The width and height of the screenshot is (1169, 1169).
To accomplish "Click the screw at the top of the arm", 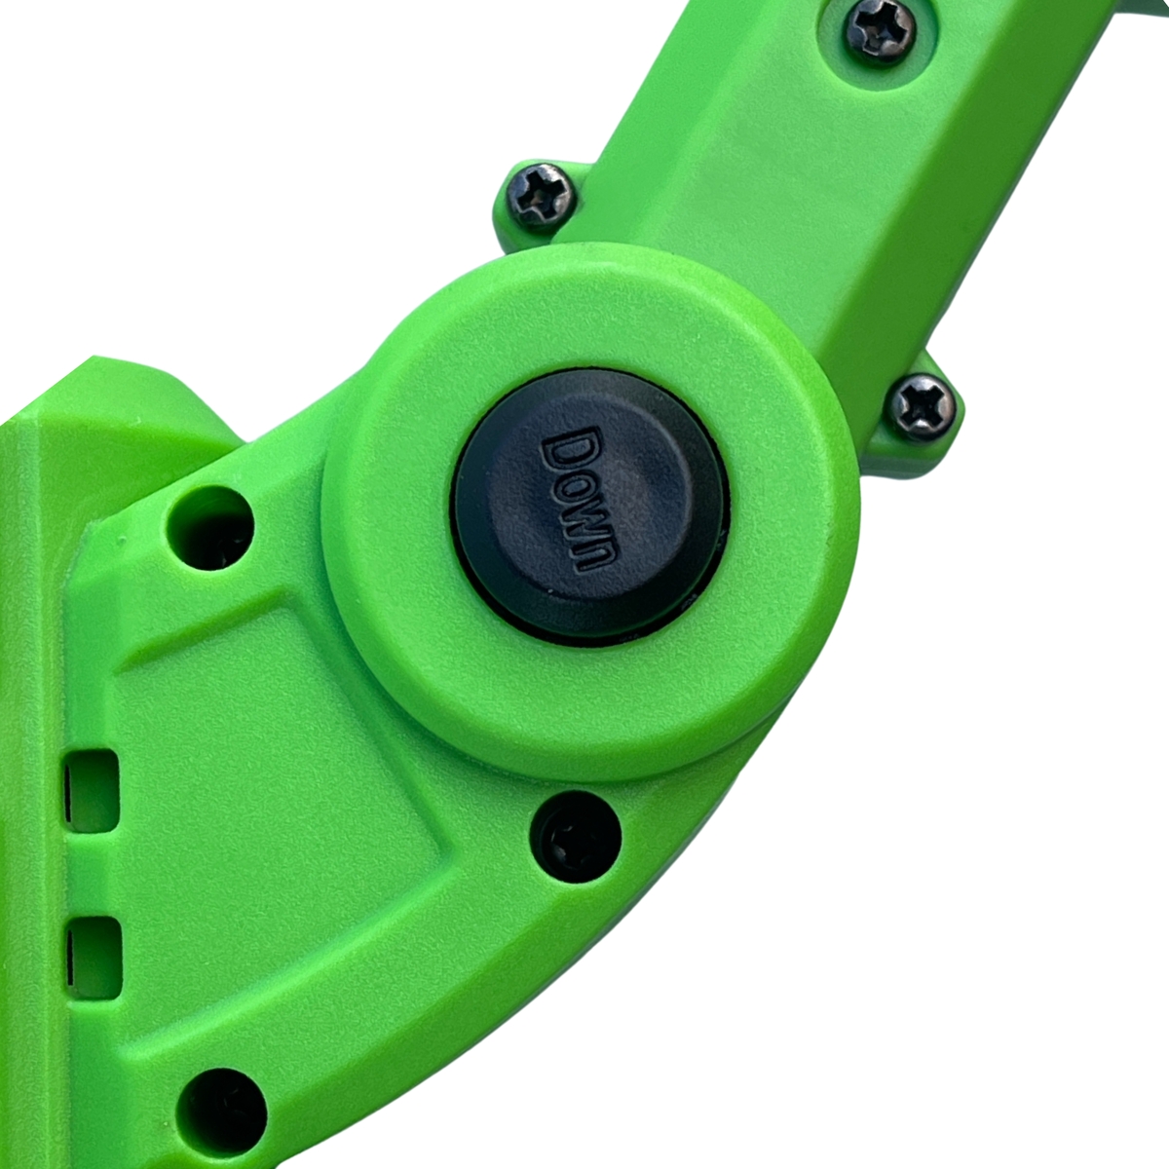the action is (x=881, y=31).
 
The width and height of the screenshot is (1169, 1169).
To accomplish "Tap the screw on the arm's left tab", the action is (x=541, y=196).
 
